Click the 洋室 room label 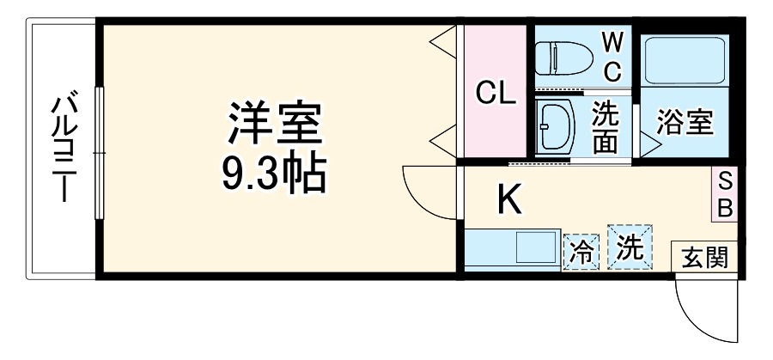pyautogui.click(x=275, y=122)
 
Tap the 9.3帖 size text pyautogui.click(x=275, y=174)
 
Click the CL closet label pyautogui.click(x=496, y=93)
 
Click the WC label pyautogui.click(x=612, y=58)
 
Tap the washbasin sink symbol pyautogui.click(x=555, y=128)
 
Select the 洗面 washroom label pyautogui.click(x=606, y=127)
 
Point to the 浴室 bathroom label pyautogui.click(x=685, y=122)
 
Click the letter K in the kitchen pyautogui.click(x=509, y=199)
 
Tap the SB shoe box pyautogui.click(x=724, y=194)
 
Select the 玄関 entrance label pyautogui.click(x=705, y=257)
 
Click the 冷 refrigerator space pyautogui.click(x=581, y=252)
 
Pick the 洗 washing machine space pyautogui.click(x=630, y=247)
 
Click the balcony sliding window pyautogui.click(x=100, y=153)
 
